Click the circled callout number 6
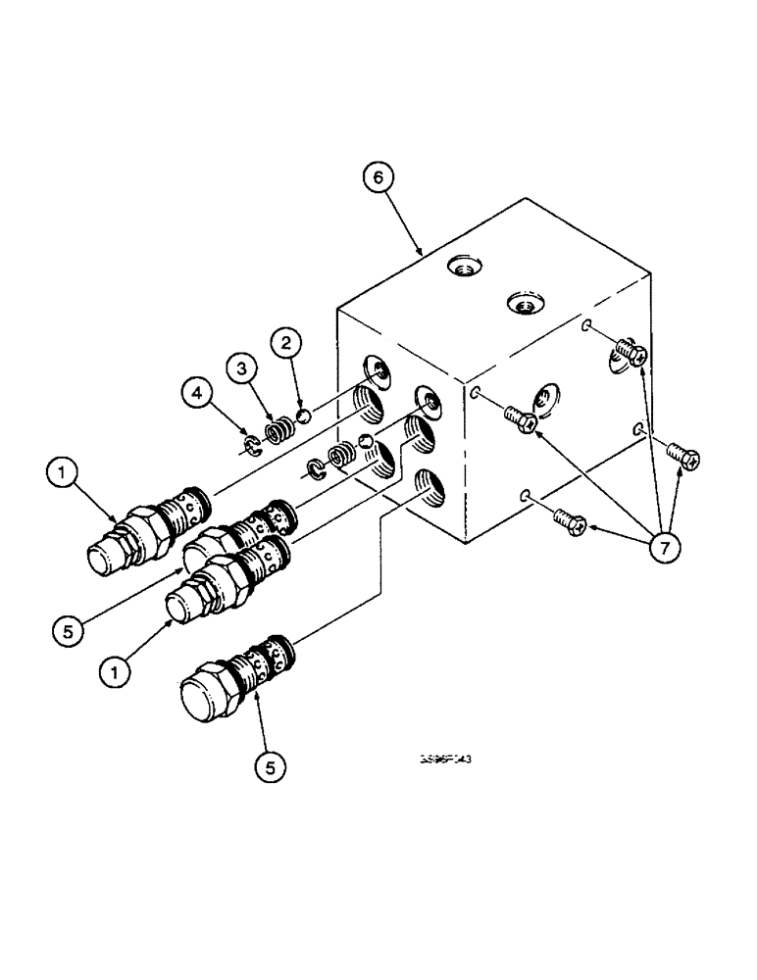(378, 178)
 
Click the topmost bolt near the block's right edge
(629, 352)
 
